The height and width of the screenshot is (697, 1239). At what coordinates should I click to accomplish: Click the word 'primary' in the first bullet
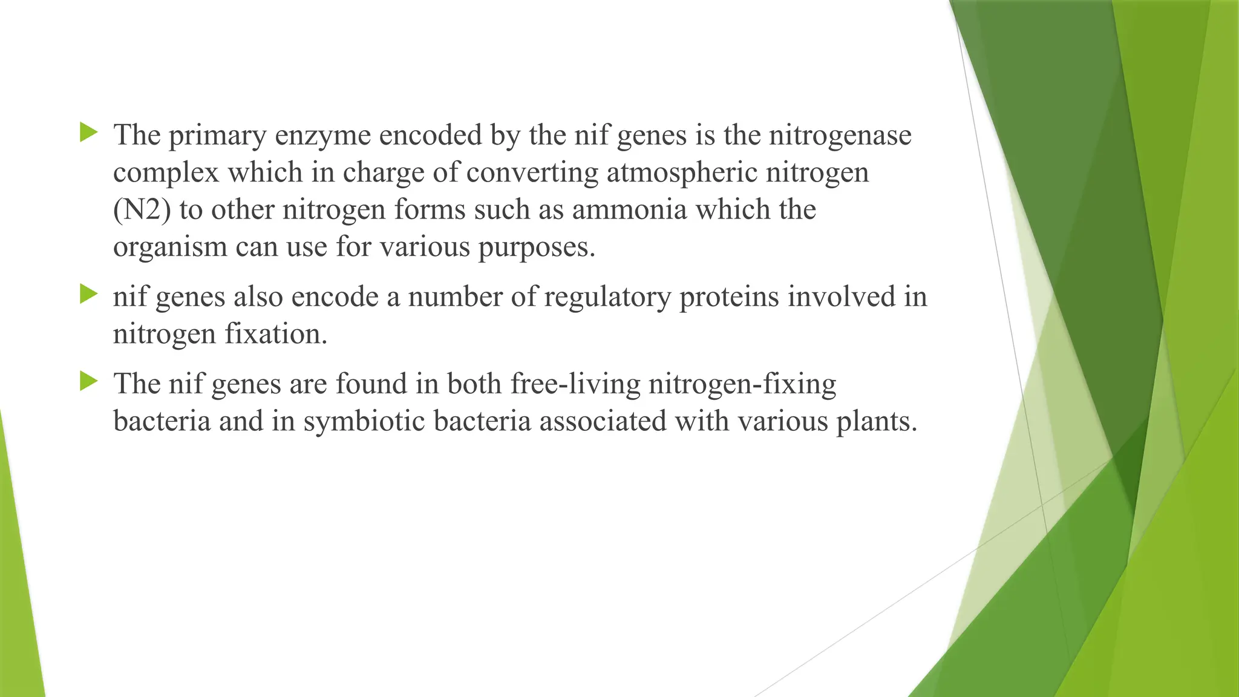pyautogui.click(x=217, y=136)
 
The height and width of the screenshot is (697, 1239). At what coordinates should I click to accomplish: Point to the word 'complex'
pyautogui.click(x=165, y=173)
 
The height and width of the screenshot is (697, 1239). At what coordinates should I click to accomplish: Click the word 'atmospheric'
pyautogui.click(x=682, y=173)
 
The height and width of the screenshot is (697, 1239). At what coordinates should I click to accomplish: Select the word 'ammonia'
pyautogui.click(x=629, y=210)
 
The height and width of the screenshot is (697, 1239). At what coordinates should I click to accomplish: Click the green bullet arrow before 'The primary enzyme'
pyautogui.click(x=88, y=132)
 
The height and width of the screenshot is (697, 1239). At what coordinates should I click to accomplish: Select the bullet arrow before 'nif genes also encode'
pyautogui.click(x=88, y=295)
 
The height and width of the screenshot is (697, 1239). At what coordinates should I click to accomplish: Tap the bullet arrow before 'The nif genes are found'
pyautogui.click(x=88, y=381)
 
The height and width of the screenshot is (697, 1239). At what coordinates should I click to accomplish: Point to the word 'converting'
pyautogui.click(x=532, y=173)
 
